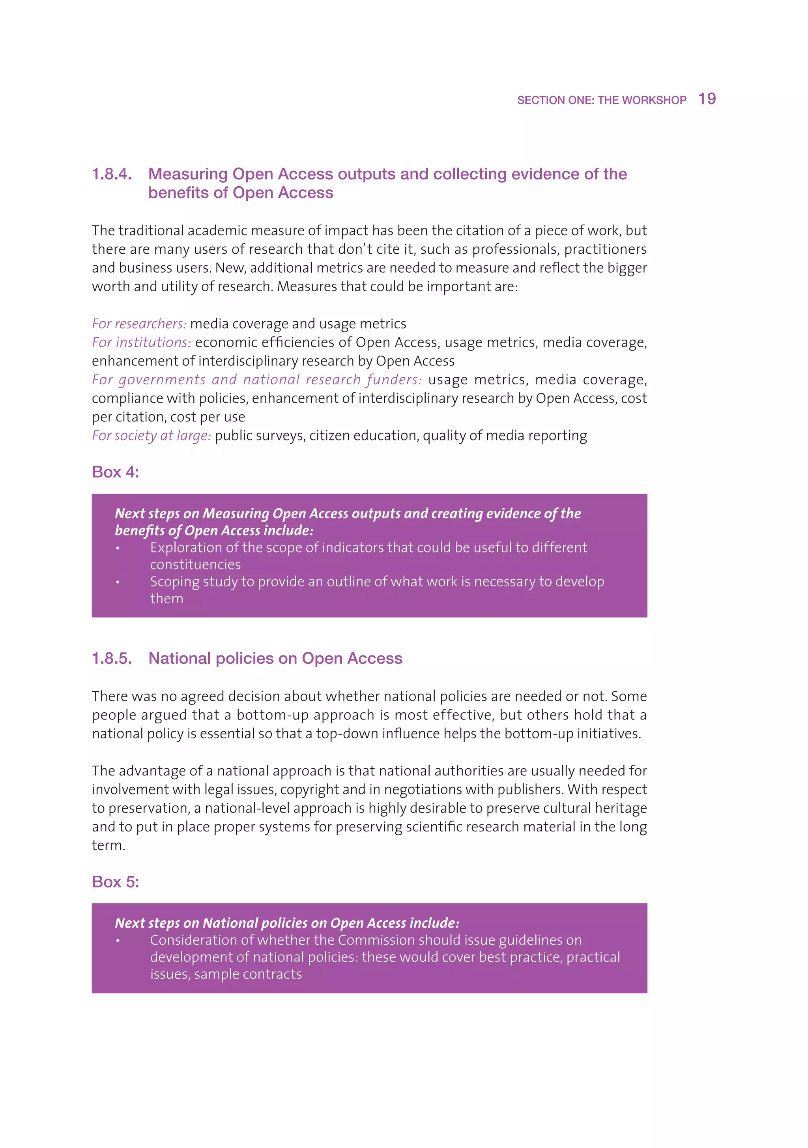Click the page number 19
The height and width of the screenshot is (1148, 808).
(707, 99)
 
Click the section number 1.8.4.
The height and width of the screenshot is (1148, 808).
(112, 174)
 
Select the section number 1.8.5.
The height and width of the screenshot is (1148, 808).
(112, 659)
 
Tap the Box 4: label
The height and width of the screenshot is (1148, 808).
(116, 472)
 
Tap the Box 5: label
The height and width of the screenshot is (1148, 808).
(116, 882)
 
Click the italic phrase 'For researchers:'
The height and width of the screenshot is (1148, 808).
(139, 324)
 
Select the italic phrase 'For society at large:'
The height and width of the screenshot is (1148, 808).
(151, 436)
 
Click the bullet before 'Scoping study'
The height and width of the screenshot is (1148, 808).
(118, 582)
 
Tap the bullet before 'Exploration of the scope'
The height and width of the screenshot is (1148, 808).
(118, 548)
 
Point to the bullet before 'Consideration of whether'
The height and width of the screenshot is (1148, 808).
(118, 940)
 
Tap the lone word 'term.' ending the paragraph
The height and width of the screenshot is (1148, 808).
(108, 845)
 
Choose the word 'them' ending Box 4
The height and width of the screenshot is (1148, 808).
(166, 599)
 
